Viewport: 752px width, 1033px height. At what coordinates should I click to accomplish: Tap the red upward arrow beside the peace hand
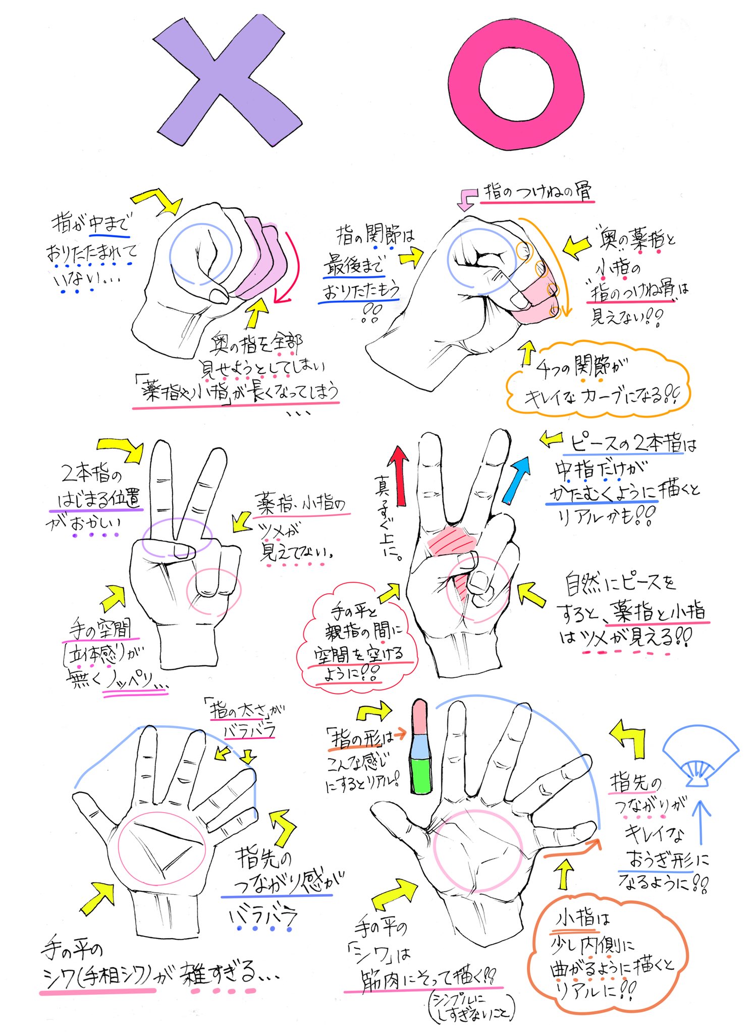(399, 474)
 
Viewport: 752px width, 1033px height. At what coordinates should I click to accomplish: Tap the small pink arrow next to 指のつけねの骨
(466, 199)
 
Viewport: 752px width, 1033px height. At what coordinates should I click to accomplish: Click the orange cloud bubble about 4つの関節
(598, 381)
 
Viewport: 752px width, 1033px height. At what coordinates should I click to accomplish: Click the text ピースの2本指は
(633, 444)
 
